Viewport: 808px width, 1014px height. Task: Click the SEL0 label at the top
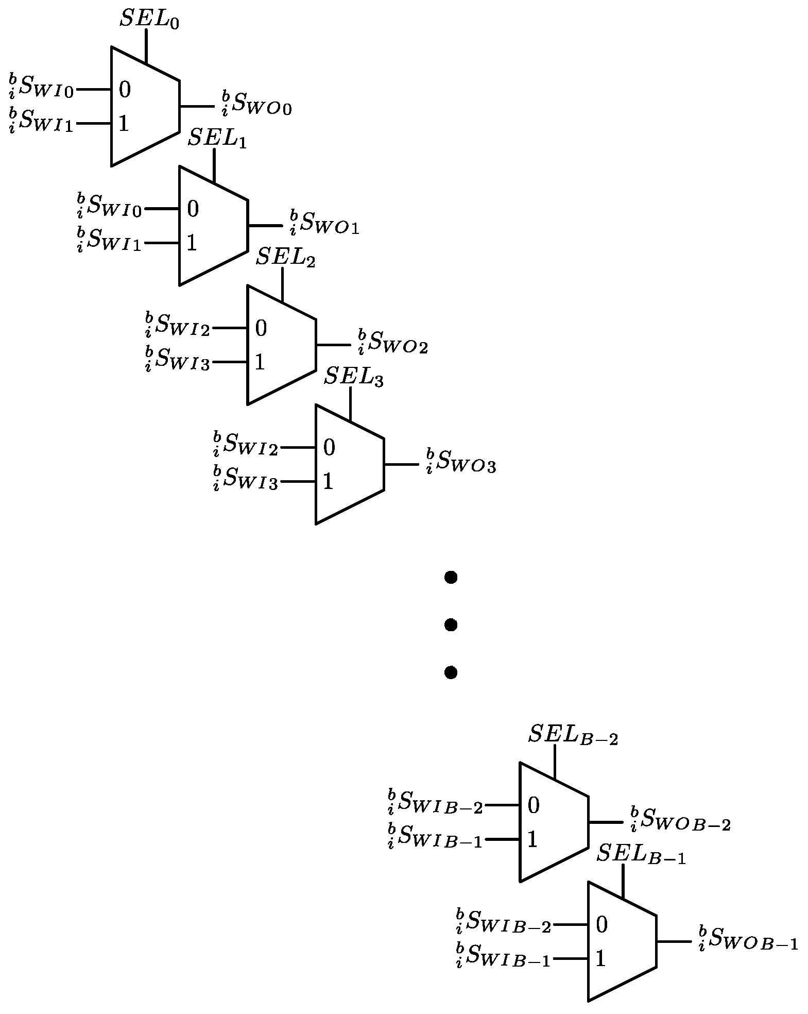149,19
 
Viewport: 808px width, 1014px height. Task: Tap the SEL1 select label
217,138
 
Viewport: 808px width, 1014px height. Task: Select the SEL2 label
285,257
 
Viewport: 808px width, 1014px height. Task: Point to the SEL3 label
353,377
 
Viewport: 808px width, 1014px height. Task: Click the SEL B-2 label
573,735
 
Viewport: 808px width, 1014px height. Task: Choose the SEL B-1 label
641,854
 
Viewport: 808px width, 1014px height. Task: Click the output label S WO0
256,103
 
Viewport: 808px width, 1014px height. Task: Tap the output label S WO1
324,223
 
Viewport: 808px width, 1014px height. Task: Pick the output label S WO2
392,342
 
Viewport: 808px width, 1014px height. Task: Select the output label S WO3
460,462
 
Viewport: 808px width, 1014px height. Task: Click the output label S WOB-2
680,820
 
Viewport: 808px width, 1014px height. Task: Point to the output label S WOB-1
748,939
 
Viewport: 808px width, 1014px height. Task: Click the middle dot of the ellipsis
451,625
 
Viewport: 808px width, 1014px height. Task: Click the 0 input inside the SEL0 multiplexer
125,90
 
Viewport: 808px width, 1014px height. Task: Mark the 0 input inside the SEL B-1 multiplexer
601,925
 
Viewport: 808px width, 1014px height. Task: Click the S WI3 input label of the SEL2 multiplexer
178,359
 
